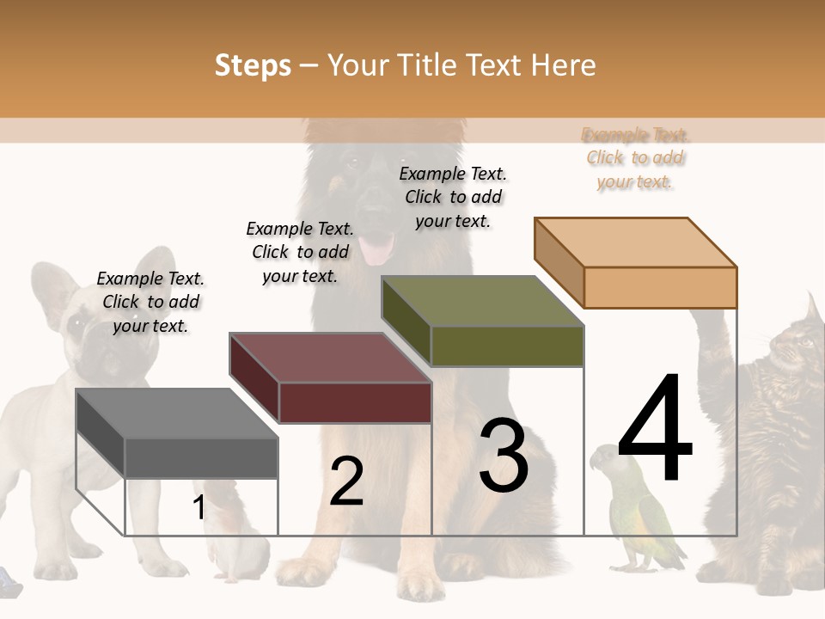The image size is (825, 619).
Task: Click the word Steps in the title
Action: pyautogui.click(x=253, y=65)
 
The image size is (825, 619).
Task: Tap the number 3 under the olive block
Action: pyautogui.click(x=504, y=456)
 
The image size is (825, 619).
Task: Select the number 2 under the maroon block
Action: pyautogui.click(x=346, y=481)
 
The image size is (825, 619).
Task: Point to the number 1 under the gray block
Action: pyautogui.click(x=199, y=508)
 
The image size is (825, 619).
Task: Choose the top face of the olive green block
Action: pyautogui.click(x=482, y=301)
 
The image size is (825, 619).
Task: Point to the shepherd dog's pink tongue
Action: pyautogui.click(x=376, y=249)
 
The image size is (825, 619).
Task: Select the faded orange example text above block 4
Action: pyautogui.click(x=635, y=158)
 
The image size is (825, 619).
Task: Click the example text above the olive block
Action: pyautogui.click(x=453, y=197)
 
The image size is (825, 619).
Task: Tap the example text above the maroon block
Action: pyautogui.click(x=300, y=252)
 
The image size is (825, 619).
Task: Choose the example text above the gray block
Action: pyautogui.click(x=150, y=302)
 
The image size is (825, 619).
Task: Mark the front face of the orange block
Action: pyautogui.click(x=660, y=287)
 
